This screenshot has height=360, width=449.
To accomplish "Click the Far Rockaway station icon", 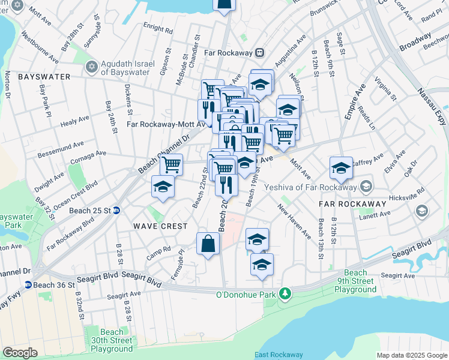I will (x=259, y=52).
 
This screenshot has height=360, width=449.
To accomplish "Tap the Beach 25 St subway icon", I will (x=116, y=210).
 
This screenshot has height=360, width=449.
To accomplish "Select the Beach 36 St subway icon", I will (x=28, y=285).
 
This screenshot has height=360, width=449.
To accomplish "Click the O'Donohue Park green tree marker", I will (x=287, y=294).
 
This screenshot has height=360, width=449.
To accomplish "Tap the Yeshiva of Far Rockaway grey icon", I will (x=367, y=185).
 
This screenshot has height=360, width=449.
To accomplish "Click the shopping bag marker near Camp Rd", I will (x=208, y=244).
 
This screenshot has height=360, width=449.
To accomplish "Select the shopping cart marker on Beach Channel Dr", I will (x=172, y=164).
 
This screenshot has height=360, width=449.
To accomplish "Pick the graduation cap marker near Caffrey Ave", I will (x=341, y=167).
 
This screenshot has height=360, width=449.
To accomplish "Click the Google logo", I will (x=20, y=353).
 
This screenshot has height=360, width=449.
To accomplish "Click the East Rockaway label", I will (x=279, y=355).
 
